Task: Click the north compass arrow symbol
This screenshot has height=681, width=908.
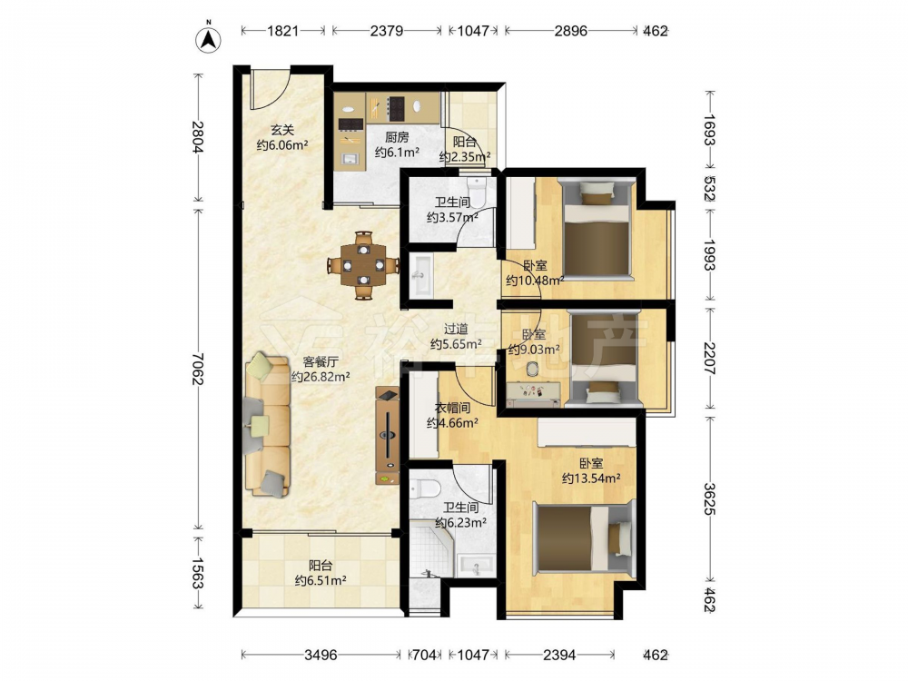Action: [x=209, y=39]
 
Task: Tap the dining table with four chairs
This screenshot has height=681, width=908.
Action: [x=363, y=265]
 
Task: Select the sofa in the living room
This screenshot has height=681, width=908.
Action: [x=268, y=426]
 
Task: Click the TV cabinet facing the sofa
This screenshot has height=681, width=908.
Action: [x=387, y=437]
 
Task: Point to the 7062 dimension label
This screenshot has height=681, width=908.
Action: [x=198, y=370]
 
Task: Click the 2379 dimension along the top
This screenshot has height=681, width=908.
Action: [x=386, y=31]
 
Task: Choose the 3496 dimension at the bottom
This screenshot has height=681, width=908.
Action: [x=321, y=655]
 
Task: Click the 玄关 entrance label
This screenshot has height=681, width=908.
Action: [x=282, y=130]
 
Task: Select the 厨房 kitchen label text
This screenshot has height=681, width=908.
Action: [x=398, y=137]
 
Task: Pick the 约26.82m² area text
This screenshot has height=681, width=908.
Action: [x=321, y=377]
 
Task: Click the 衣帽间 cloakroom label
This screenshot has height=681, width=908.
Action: [x=452, y=408]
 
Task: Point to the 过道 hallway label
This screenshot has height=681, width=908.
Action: [x=456, y=329]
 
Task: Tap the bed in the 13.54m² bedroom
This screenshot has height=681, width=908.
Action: [x=584, y=538]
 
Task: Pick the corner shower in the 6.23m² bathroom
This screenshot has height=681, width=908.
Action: [x=430, y=548]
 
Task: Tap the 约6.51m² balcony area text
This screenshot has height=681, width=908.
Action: [x=321, y=580]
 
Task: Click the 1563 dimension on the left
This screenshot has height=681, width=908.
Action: [x=198, y=573]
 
